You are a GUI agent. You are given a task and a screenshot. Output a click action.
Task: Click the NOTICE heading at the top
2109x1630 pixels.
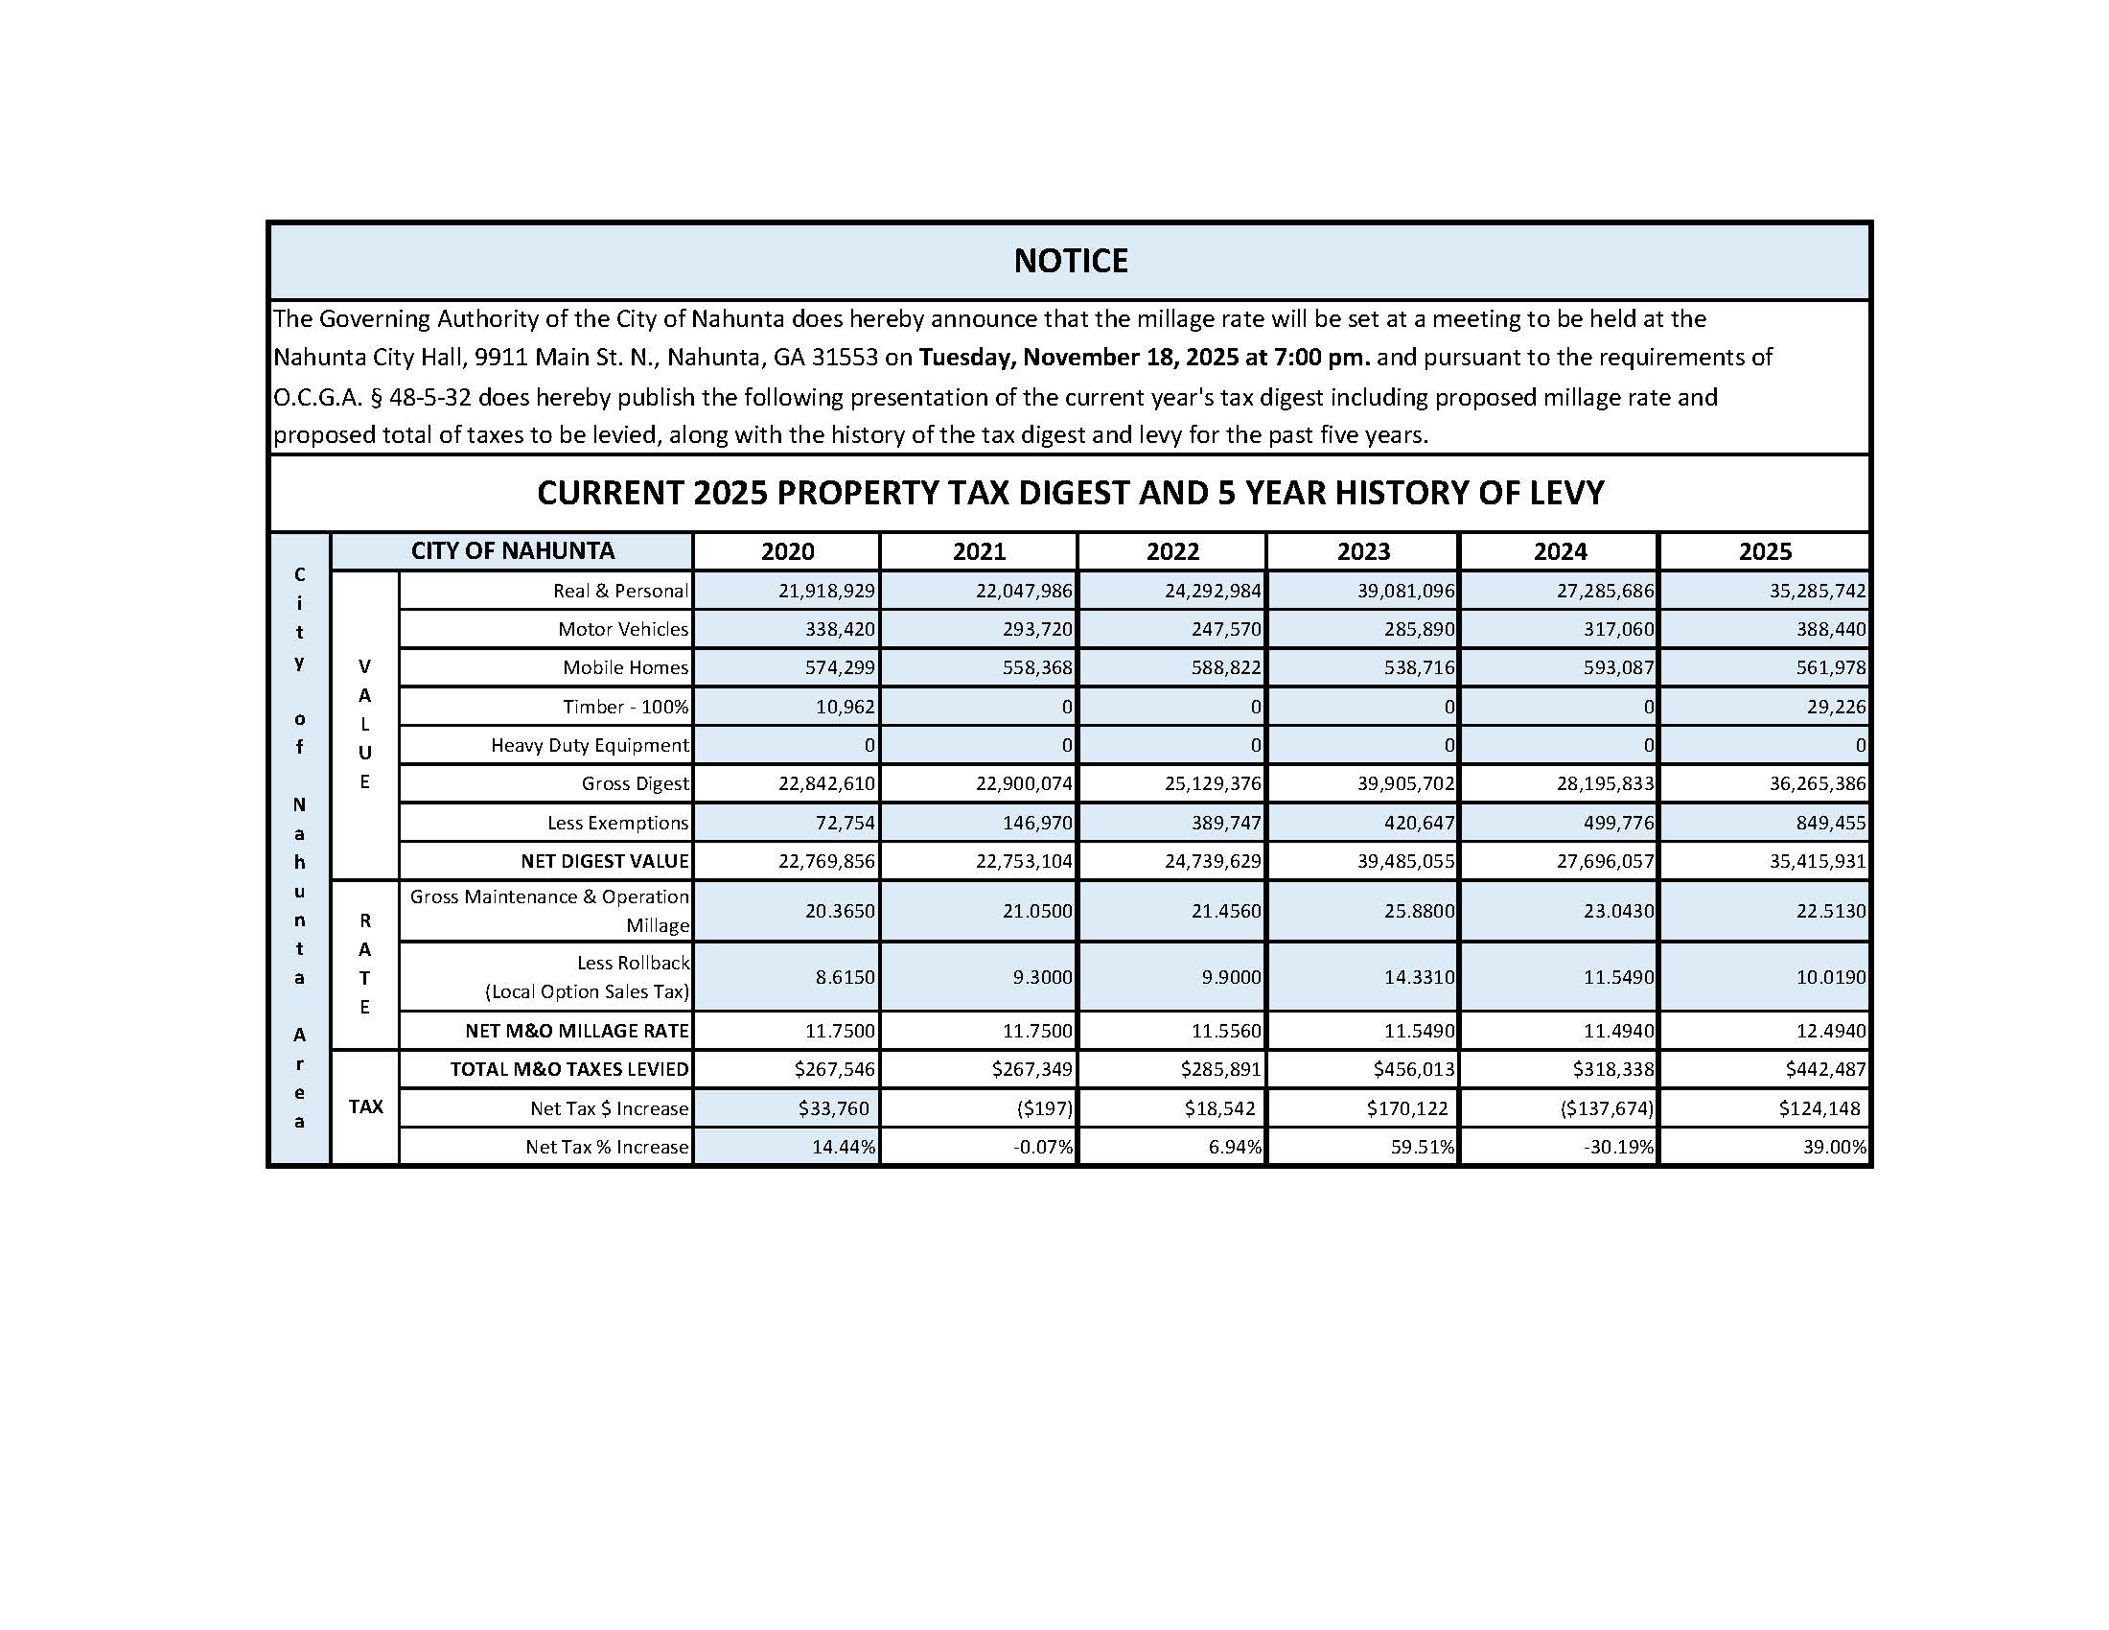point(1070,261)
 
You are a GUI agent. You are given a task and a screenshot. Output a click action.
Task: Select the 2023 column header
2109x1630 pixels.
point(1362,551)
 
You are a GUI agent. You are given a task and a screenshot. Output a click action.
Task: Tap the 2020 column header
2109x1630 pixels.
point(787,551)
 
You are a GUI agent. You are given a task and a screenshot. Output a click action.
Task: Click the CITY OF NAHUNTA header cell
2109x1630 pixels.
point(512,550)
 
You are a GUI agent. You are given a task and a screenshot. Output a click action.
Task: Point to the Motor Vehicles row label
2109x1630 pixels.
point(623,630)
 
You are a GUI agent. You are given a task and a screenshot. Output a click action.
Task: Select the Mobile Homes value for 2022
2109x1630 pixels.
point(1225,668)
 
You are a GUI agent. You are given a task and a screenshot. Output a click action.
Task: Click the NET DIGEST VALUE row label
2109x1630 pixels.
point(605,861)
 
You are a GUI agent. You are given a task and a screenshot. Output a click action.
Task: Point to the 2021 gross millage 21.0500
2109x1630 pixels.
point(1032,912)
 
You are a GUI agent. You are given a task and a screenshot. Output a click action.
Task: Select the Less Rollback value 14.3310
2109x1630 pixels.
point(1419,977)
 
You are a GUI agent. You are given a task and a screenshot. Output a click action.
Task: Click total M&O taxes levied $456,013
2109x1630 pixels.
point(1417,1070)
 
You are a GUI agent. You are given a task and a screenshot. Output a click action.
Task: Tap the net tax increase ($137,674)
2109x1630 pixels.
point(1606,1108)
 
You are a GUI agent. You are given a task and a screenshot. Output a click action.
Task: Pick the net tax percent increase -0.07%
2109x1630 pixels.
point(1045,1148)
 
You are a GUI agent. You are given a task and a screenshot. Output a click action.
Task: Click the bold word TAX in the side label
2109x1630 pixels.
point(365,1107)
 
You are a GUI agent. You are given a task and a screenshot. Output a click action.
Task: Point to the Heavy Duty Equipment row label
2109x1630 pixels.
point(589,745)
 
